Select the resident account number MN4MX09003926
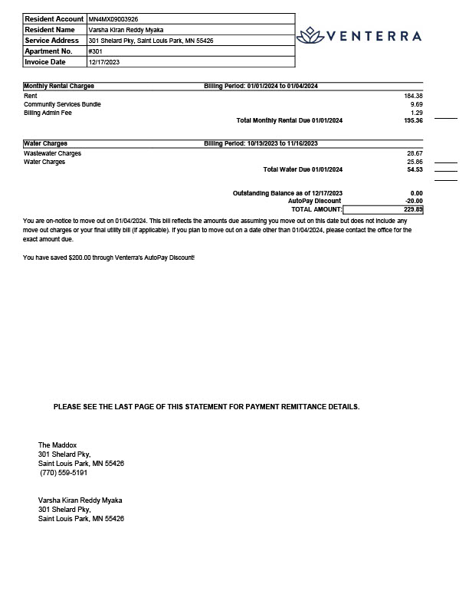[114, 18]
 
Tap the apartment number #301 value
[96, 51]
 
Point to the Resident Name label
[49, 29]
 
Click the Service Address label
[52, 41]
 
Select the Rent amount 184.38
[413, 96]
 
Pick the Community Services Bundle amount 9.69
[416, 104]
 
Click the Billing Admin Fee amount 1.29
[416, 113]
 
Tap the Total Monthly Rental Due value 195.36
[413, 121]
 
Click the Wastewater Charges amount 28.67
[415, 153]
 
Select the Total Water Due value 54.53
[415, 169]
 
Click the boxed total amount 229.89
[413, 209]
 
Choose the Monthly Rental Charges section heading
[59, 87]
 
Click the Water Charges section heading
[46, 143]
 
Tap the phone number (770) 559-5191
[64, 473]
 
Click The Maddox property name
[57, 445]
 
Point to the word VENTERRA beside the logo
[374, 36]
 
